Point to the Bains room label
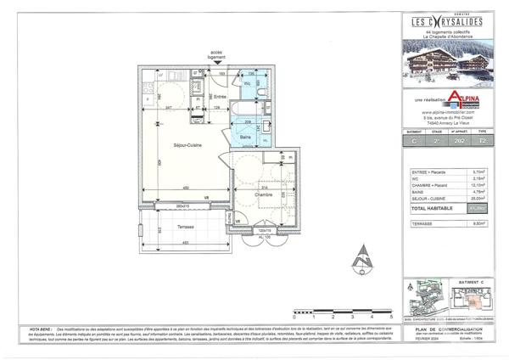click(x=245, y=136)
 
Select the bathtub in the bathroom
click(x=249, y=113)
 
